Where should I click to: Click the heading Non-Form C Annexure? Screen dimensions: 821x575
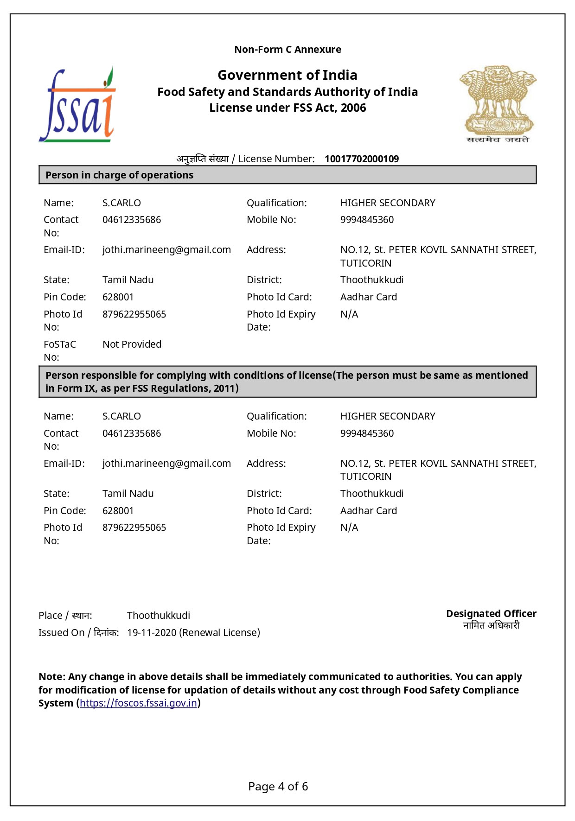[287, 50]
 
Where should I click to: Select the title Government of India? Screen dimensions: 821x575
[287, 75]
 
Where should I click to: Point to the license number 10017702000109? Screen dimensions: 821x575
[361, 159]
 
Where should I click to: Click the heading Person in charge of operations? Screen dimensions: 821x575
[119, 175]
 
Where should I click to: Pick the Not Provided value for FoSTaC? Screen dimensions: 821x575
[132, 344]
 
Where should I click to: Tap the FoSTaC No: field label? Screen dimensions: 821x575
[59, 350]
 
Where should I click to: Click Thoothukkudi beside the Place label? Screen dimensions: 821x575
[159, 616]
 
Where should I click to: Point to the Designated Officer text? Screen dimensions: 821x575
[491, 614]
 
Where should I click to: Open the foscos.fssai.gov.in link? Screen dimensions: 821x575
[138, 703]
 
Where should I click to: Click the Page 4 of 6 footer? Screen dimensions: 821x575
[278, 787]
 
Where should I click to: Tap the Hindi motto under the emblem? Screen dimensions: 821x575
[498, 140]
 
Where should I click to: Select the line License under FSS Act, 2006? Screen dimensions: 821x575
[287, 108]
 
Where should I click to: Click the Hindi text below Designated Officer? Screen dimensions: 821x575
[491, 626]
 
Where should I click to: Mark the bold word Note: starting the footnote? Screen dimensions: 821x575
[52, 677]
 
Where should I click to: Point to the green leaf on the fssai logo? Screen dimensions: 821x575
[110, 74]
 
